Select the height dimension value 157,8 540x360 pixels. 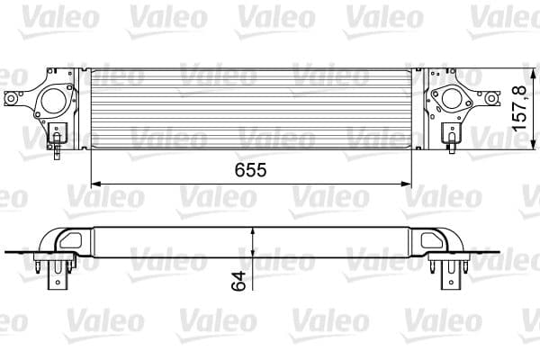point(520,109)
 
